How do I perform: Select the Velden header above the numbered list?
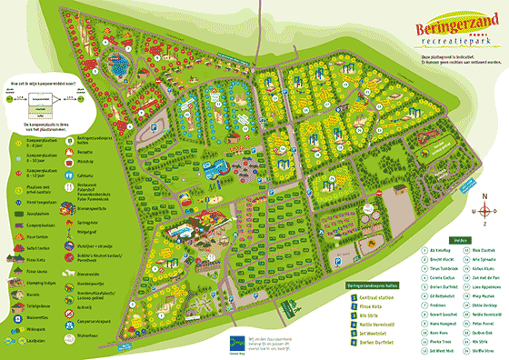pyautogui.click(x=460, y=240)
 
